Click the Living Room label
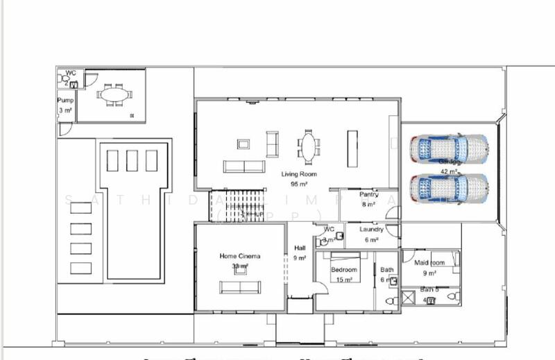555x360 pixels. pyautogui.click(x=299, y=174)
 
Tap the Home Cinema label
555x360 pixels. pyautogui.click(x=239, y=256)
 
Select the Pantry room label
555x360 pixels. pyautogui.click(x=368, y=195)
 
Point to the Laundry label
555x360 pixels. pyautogui.click(x=372, y=230)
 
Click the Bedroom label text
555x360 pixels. pyautogui.click(x=344, y=270)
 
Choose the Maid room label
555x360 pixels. pyautogui.click(x=429, y=263)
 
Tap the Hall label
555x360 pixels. pyautogui.click(x=300, y=248)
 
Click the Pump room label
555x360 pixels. pyautogui.click(x=65, y=101)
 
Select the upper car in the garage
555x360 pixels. pyautogui.click(x=448, y=147)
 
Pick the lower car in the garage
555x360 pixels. pyautogui.click(x=448, y=187)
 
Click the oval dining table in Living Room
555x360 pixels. pyautogui.click(x=307, y=147)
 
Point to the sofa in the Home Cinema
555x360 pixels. pyautogui.click(x=240, y=286)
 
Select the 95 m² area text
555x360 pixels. pyautogui.click(x=299, y=184)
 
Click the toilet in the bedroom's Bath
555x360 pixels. pyautogui.click(x=389, y=301)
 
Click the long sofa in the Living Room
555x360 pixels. pyautogui.click(x=244, y=166)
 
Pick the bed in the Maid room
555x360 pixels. pyautogui.click(x=456, y=259)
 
